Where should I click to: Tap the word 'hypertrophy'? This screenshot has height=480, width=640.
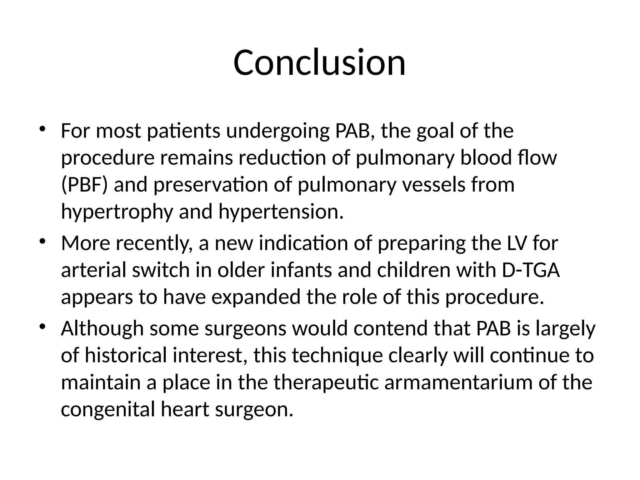tap(117, 212)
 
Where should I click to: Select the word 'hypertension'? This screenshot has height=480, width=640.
tap(281, 211)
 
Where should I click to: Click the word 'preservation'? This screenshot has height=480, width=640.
tap(211, 185)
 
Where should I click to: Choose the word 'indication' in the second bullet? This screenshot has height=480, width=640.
tap(303, 243)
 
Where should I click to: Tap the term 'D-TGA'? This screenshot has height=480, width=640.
tap(530, 270)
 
